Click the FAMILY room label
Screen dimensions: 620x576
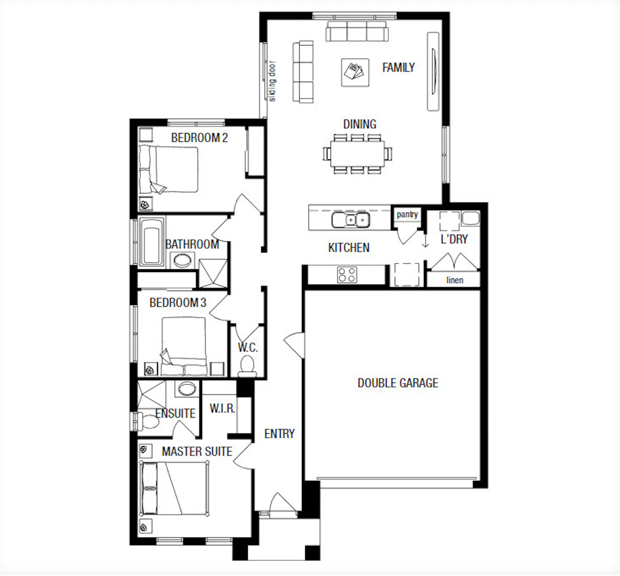[x=398, y=67]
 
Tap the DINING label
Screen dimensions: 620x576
[x=360, y=124]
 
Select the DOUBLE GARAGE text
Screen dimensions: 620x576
[x=398, y=383]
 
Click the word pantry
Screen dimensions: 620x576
[x=407, y=214]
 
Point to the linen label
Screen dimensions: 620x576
[x=455, y=280]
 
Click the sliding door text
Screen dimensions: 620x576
[x=272, y=81]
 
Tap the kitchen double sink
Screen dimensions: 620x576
[x=350, y=220]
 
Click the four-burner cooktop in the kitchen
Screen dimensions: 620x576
[x=347, y=275]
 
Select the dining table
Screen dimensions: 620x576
[x=357, y=154]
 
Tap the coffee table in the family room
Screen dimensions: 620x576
[x=355, y=73]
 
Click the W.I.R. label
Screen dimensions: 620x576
[x=222, y=408]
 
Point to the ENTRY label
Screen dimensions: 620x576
[x=279, y=434]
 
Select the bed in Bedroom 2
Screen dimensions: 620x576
[x=168, y=169]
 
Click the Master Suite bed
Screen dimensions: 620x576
[x=174, y=488]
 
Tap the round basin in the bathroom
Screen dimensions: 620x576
[x=182, y=260]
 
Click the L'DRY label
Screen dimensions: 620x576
[x=454, y=239]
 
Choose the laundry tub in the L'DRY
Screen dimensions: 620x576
[x=470, y=218]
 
